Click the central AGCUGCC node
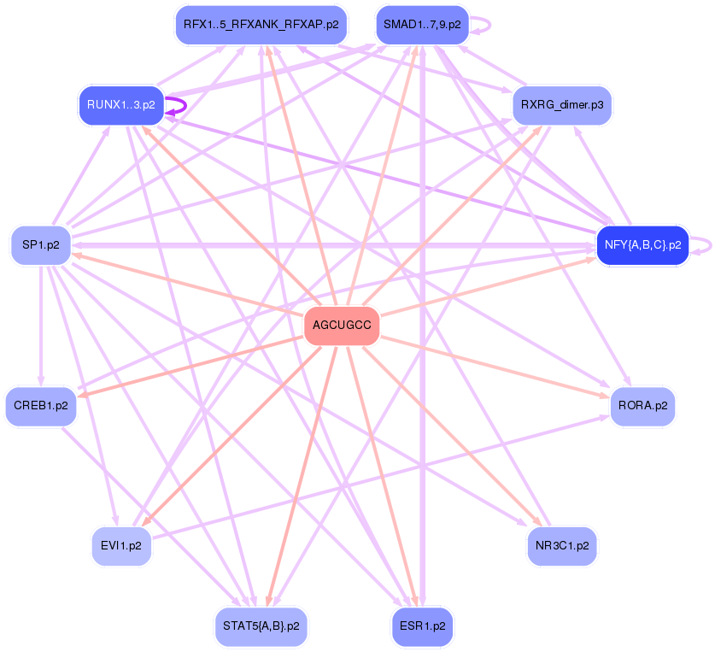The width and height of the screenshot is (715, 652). (342, 326)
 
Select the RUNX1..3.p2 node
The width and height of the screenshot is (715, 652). (120, 105)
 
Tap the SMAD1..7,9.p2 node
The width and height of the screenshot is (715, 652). (422, 25)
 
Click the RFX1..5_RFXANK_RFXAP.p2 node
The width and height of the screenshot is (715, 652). (261, 25)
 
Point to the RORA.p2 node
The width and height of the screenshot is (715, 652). (642, 406)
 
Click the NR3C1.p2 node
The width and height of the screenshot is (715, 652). (561, 545)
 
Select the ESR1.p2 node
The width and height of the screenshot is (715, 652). (422, 626)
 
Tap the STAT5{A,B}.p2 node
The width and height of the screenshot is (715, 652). (261, 626)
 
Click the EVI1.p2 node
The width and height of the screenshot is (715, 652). (121, 545)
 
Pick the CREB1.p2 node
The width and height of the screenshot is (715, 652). (41, 406)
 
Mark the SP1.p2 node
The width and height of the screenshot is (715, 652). (41, 245)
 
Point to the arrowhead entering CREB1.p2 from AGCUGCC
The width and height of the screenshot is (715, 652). (81, 394)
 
